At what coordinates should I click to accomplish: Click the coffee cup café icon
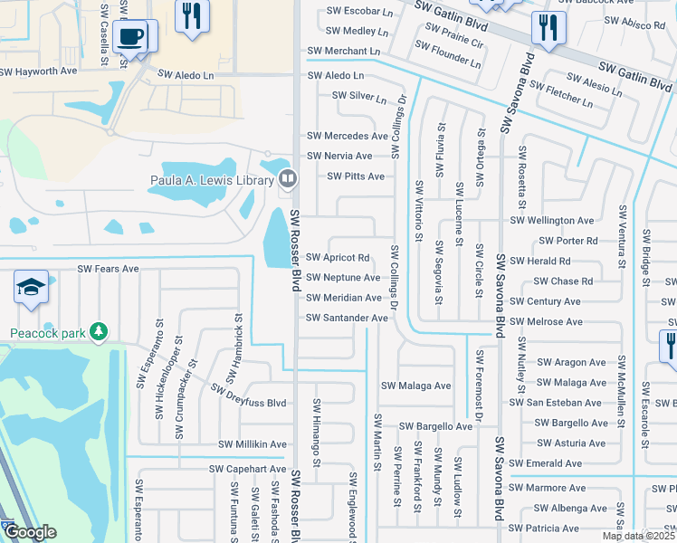coord(132,37)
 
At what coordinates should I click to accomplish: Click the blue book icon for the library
coord(288,178)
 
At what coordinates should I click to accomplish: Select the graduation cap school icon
coord(31,288)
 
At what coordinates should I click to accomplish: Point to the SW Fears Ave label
coord(108,269)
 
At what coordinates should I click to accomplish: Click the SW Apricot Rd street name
coord(338,258)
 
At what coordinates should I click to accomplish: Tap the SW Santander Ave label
coord(348,318)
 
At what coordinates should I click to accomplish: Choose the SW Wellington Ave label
coord(552,220)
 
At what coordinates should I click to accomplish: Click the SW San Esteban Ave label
coord(556,403)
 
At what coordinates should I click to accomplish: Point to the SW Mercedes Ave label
coord(348,136)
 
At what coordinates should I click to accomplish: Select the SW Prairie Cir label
coord(452,43)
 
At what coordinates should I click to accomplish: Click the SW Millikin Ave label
coord(253,444)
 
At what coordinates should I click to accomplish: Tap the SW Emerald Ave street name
coord(546,463)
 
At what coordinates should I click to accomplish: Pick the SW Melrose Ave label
coord(547,322)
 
